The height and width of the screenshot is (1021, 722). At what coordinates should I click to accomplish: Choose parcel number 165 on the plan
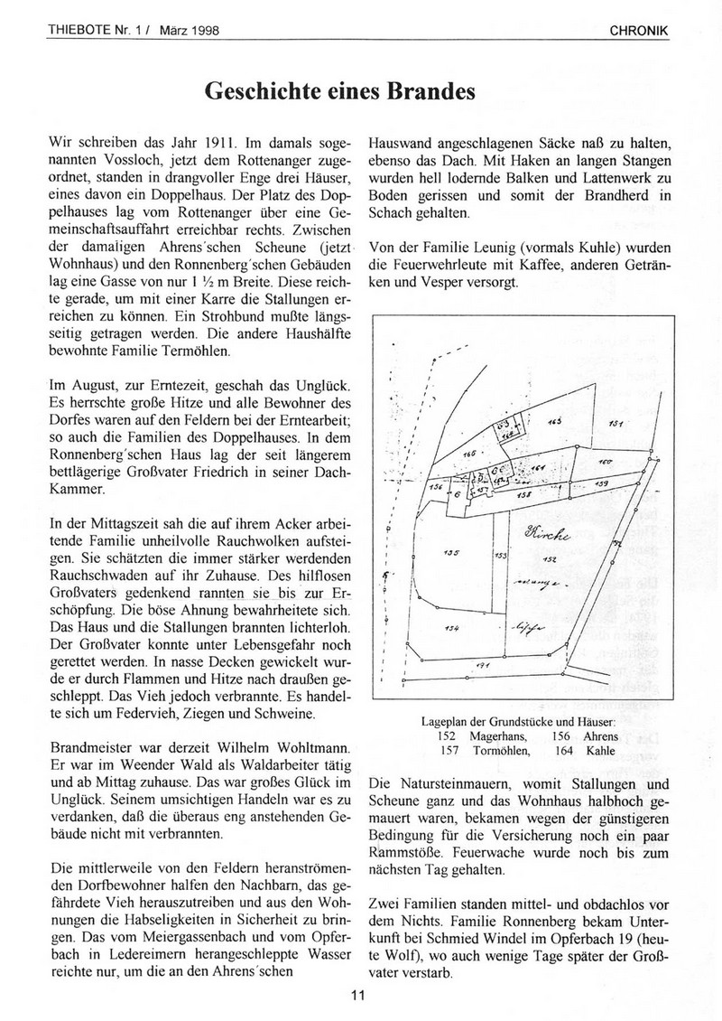tap(553, 421)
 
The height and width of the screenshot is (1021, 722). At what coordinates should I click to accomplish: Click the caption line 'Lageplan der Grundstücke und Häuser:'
tap(518, 722)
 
